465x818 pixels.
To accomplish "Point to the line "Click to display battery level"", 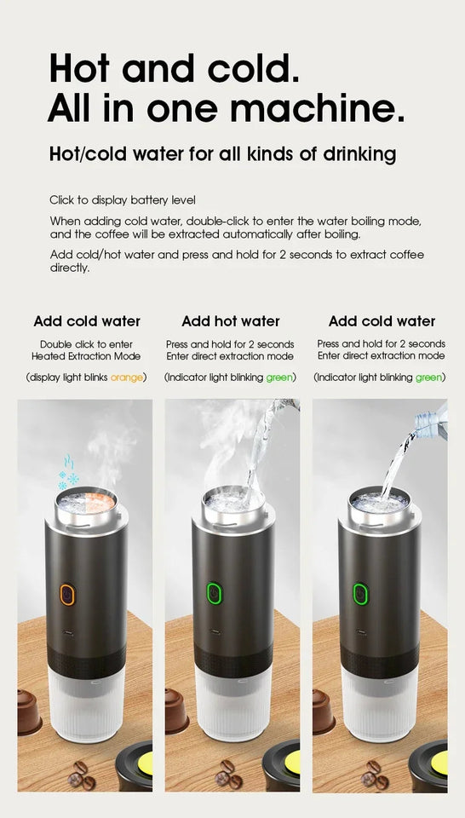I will click(x=122, y=200).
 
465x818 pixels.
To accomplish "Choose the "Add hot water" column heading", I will click(x=231, y=321).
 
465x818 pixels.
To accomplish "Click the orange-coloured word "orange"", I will click(x=127, y=377).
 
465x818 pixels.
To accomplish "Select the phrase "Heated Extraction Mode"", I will click(x=86, y=356).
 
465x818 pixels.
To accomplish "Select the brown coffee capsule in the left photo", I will click(x=30, y=711).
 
